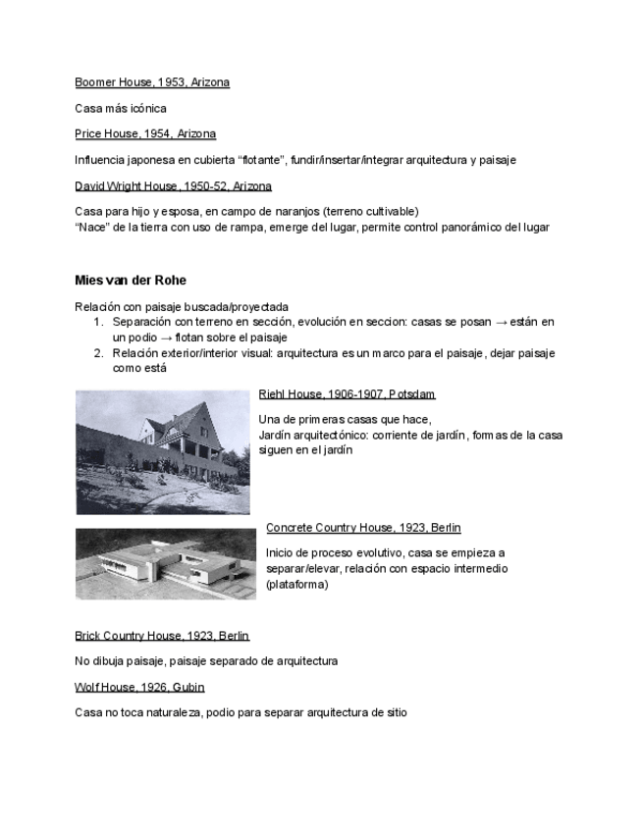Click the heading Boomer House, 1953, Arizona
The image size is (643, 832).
pos(152,82)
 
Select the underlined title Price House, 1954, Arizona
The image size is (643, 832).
pos(145,133)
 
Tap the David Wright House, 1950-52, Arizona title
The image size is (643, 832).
pos(173,185)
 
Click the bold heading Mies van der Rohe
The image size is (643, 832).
pos(131,281)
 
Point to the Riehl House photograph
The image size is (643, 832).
pos(163,451)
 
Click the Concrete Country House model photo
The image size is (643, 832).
pos(165,564)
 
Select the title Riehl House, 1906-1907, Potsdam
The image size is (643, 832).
pos(347,394)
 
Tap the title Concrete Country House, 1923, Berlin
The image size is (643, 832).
pos(363,528)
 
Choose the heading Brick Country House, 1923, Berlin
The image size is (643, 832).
pos(162,636)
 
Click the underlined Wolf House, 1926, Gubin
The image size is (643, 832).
pos(139,687)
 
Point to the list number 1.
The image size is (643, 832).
pos(98,322)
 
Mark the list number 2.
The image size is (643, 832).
pos(98,352)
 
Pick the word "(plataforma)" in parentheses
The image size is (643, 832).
pos(296,585)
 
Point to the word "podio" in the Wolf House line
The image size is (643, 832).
pos(223,713)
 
